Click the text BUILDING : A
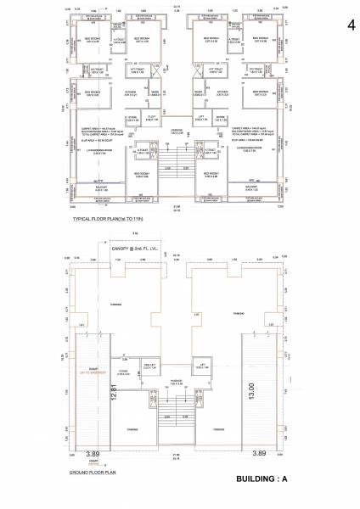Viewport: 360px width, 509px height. (262, 481)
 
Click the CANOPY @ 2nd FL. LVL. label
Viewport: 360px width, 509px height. (138, 249)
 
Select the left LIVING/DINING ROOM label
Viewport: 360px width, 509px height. (98, 152)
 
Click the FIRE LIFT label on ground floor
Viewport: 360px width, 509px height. (150, 364)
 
